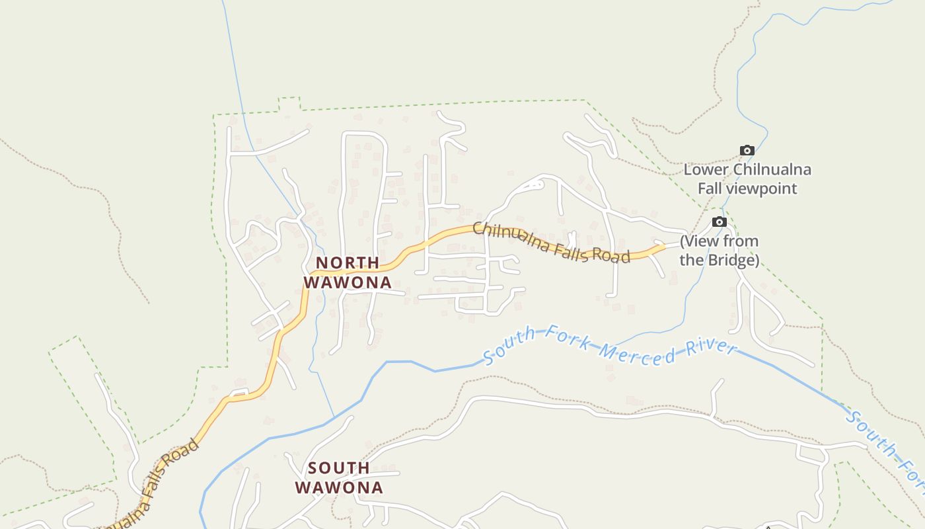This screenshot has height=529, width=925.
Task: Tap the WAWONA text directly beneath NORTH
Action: pos(347,282)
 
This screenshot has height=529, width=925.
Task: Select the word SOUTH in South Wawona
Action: pos(339,468)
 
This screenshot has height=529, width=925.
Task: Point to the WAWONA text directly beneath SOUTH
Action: pos(339,488)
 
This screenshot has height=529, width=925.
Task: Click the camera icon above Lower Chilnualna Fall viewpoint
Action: pos(747,151)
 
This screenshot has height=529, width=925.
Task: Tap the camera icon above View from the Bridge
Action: pos(720,222)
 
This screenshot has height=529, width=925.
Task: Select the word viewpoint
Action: pos(761,188)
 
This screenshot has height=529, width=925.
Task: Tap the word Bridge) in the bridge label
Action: pos(733,260)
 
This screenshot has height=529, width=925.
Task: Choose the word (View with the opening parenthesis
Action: pos(700,241)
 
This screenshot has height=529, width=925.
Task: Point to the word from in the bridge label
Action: pos(741,241)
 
